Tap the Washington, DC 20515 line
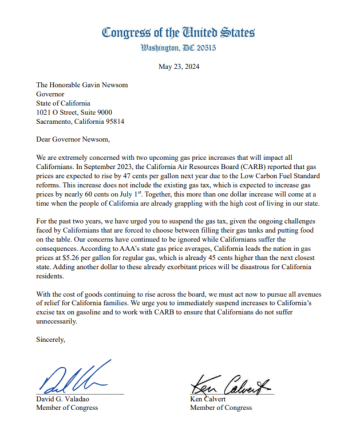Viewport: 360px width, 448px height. point(179,48)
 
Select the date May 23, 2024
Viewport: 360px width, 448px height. point(179,67)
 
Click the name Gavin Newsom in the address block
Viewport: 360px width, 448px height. point(109,85)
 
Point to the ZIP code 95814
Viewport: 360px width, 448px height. point(113,122)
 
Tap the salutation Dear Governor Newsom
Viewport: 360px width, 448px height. point(72,140)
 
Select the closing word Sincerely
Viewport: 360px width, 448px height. point(51,340)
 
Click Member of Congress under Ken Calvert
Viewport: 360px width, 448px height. point(220,408)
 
